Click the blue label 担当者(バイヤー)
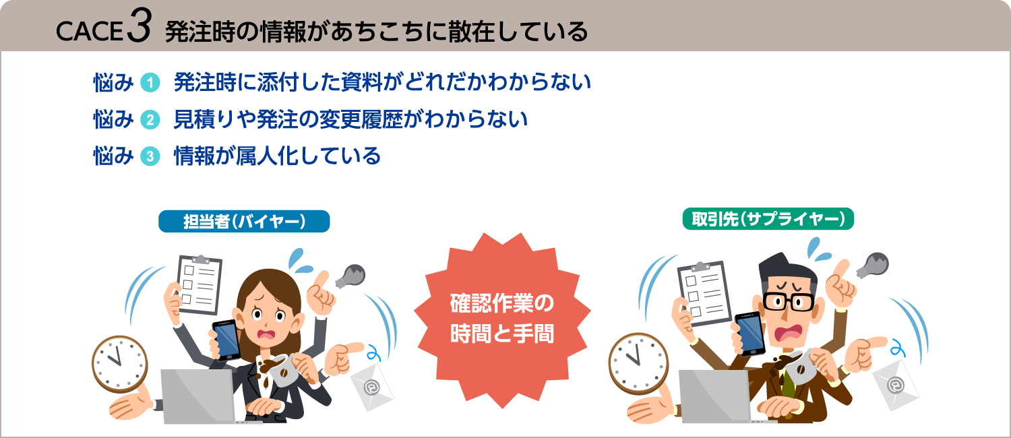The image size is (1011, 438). pyautogui.click(x=244, y=222)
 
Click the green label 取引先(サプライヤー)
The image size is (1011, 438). pyautogui.click(x=768, y=219)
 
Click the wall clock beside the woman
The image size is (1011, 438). pyautogui.click(x=119, y=365)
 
